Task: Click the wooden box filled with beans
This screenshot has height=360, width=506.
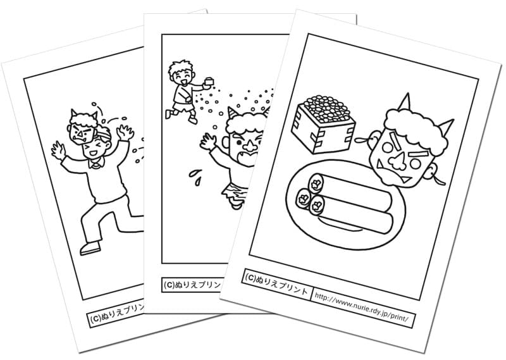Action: coord(323,124)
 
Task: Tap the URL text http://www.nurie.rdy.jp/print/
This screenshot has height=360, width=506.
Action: coord(363,307)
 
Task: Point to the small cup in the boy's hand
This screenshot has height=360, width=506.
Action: coord(209,82)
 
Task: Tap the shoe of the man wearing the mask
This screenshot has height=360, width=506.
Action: coord(90,248)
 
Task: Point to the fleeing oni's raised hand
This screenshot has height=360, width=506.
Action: coord(209,142)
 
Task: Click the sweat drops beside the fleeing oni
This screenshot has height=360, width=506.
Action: coord(196,178)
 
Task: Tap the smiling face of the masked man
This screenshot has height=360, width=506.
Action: coord(94,149)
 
